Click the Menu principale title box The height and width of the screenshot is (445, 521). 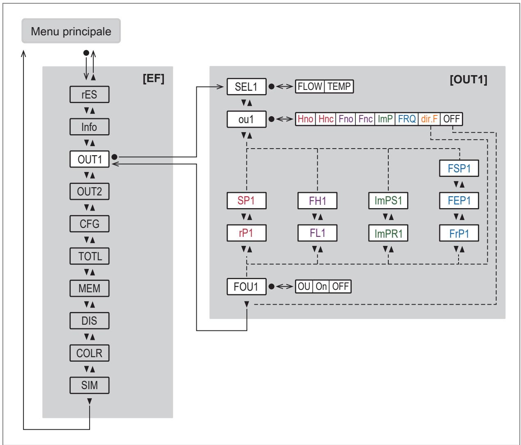pos(71,31)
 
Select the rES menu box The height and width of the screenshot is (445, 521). pos(89,94)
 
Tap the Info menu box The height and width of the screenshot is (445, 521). pos(89,127)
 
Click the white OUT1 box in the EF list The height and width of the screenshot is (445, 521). pos(89,159)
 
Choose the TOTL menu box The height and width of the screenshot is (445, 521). pos(89,256)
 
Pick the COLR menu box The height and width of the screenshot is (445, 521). pos(89,353)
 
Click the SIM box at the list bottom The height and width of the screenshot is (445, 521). pos(89,385)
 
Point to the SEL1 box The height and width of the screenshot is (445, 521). pos(246,87)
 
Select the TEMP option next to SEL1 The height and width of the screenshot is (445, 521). pos(339,86)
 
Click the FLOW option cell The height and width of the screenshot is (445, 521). pos(310,86)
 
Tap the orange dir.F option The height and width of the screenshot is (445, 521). pos(429,119)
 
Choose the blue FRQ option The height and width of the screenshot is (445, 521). pos(406,119)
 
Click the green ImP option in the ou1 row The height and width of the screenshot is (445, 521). pos(385,119)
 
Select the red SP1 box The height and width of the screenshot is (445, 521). pos(246,201)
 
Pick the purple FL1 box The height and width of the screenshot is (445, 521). pos(317,233)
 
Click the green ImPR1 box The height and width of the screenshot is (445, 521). pos(388,233)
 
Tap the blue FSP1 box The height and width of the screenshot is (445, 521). pos(459,168)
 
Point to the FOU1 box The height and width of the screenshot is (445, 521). pos(246,287)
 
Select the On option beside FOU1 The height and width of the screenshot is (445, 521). pos(321,287)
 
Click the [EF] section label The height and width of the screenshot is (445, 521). pos(153,78)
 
